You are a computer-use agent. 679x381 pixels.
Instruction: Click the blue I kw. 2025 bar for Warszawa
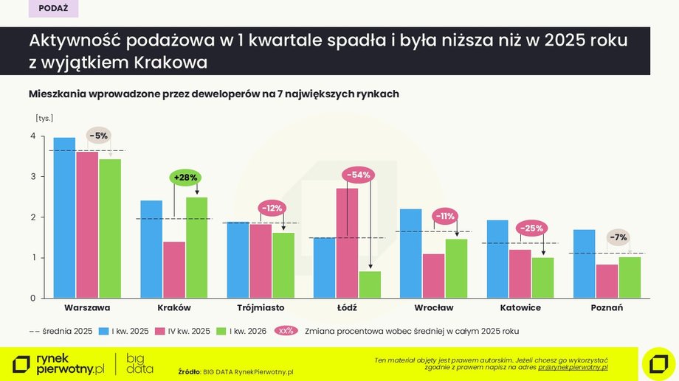(x=64, y=218)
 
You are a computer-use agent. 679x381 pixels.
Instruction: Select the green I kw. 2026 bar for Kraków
(x=196, y=248)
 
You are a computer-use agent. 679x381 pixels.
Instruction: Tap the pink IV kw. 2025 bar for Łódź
(x=348, y=243)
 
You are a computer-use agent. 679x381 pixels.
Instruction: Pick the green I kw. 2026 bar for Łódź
(x=370, y=284)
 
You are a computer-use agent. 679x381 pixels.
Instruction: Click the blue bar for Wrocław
(x=411, y=254)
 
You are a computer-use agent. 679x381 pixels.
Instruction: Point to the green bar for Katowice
(x=542, y=278)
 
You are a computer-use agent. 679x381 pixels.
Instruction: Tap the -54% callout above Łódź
(x=358, y=175)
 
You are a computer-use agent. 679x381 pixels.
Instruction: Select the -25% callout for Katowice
(x=532, y=228)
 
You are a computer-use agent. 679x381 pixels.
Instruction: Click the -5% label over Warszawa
(x=98, y=136)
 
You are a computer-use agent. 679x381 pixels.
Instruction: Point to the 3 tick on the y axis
(x=32, y=177)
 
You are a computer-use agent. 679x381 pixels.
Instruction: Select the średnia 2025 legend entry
(x=61, y=331)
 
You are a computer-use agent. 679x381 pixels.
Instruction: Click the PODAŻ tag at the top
(x=53, y=9)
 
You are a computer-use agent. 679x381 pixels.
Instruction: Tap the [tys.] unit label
(x=44, y=118)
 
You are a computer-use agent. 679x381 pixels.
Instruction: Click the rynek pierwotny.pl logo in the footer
(x=59, y=363)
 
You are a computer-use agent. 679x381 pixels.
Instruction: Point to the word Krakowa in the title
(x=170, y=63)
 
